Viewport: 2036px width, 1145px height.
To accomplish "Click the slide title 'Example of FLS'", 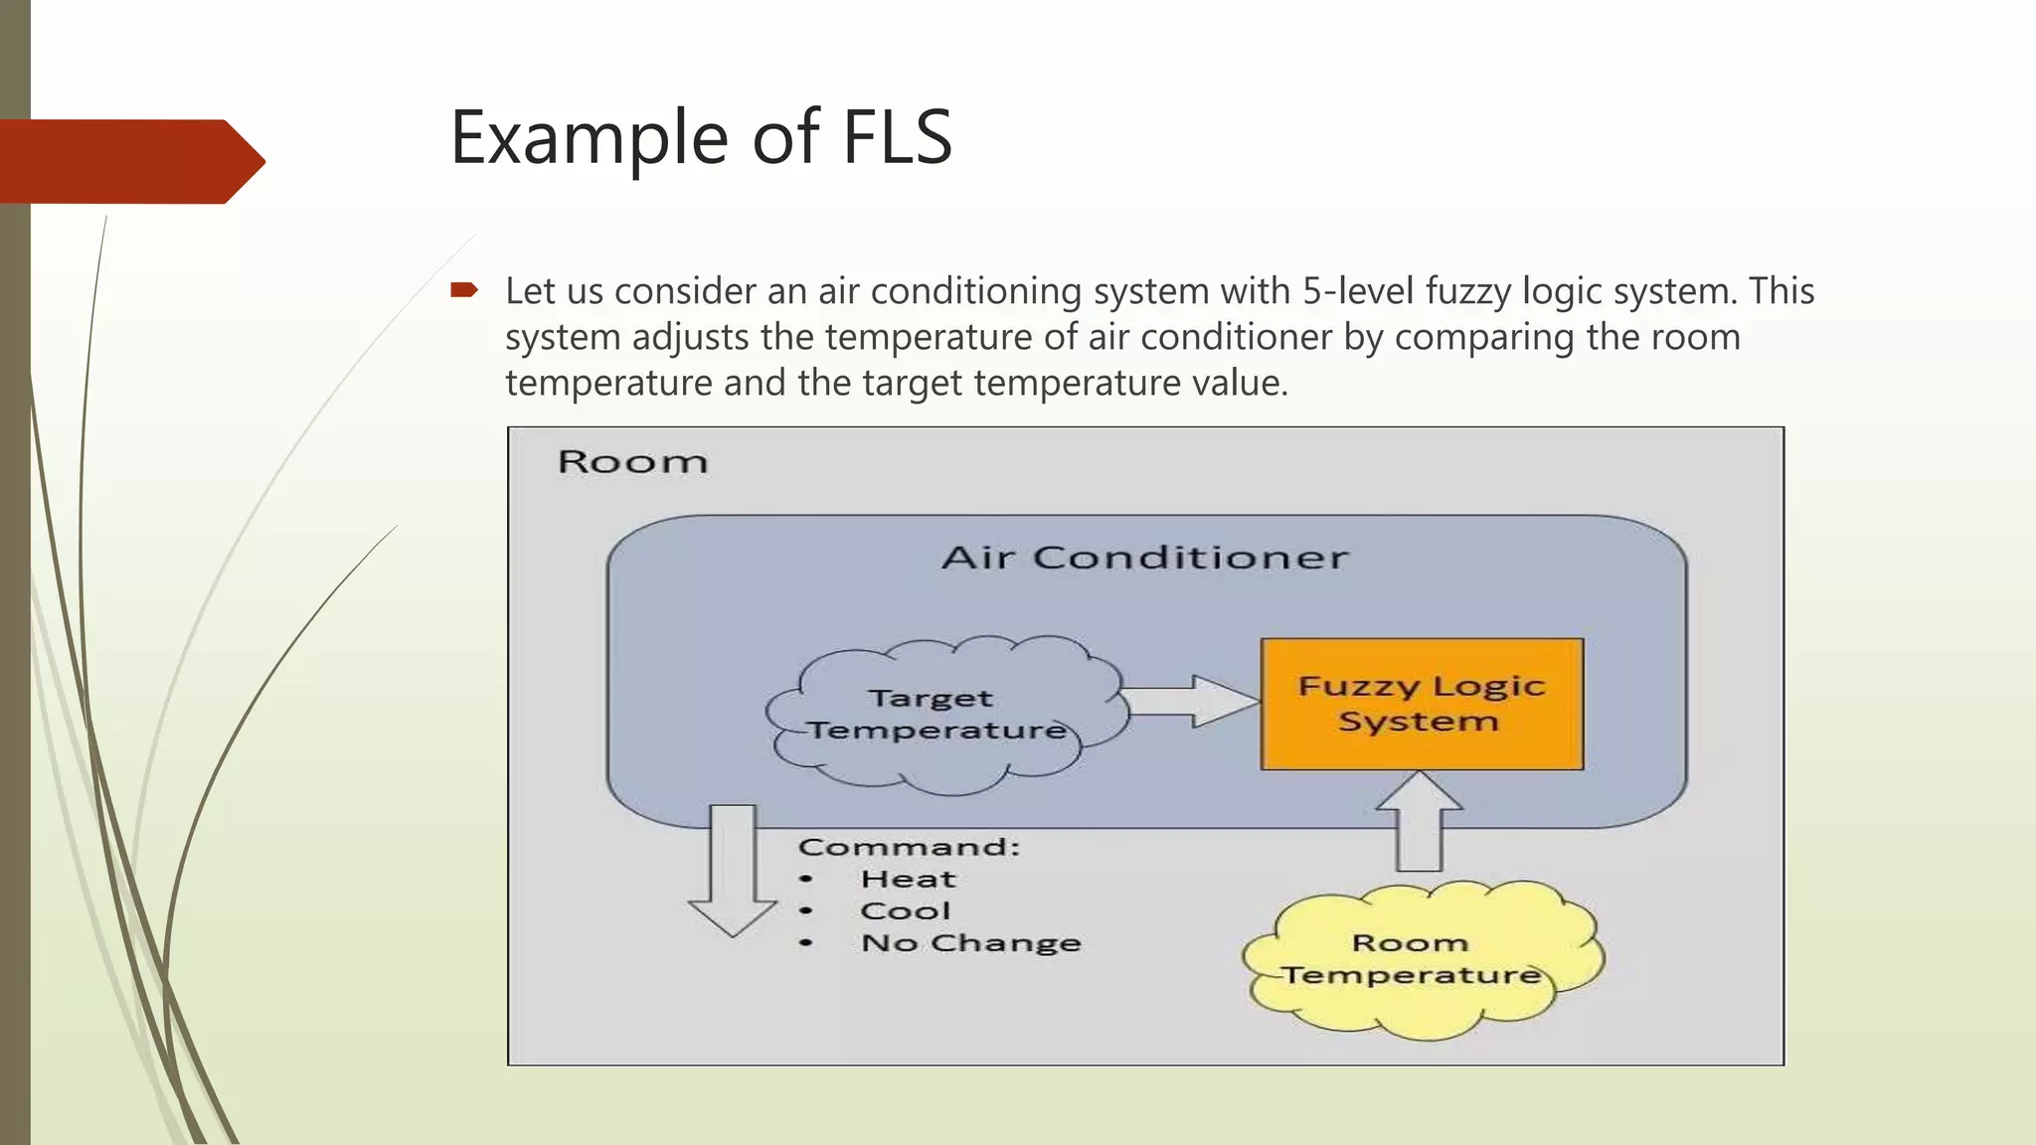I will click(x=701, y=137).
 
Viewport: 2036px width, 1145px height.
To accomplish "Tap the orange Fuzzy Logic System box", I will click(x=1422, y=704).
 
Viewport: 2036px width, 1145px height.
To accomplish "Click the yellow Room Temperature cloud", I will click(x=1422, y=958).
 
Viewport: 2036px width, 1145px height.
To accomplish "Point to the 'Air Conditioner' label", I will click(x=1144, y=558).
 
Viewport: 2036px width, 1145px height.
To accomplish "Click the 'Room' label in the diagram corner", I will click(x=632, y=462).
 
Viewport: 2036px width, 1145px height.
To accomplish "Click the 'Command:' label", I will click(x=909, y=847).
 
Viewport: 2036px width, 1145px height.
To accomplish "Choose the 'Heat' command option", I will click(x=908, y=880).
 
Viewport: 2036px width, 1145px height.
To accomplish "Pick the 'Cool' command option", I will click(x=905, y=911).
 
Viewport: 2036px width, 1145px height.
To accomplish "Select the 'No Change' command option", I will click(x=970, y=943).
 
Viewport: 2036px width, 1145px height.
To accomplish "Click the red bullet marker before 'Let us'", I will click(x=464, y=290).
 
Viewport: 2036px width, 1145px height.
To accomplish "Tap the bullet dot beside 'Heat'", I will click(x=806, y=880).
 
